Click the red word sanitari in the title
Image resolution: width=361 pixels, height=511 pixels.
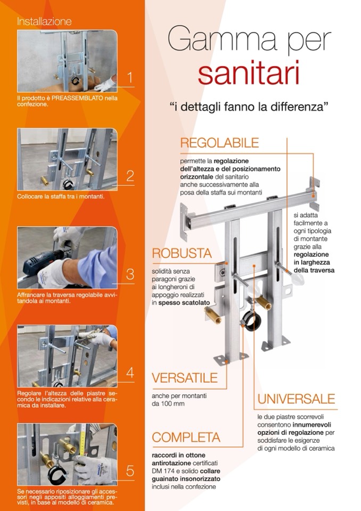tap(248, 74)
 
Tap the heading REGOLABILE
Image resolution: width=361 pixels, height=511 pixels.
tap(219, 143)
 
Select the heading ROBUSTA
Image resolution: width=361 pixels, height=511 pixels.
tap(182, 254)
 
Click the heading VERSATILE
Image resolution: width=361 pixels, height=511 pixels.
tap(185, 378)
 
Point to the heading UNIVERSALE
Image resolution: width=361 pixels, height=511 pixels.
tap(296, 399)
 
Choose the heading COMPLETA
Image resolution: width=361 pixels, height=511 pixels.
tap(186, 437)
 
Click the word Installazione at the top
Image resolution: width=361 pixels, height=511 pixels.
tap(44, 21)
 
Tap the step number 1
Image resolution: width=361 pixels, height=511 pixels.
tap(130, 78)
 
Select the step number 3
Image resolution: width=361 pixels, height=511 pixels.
tap(130, 274)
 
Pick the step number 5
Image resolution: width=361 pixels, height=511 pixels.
tap(130, 471)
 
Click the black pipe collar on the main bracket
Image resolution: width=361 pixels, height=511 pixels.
tap(252, 320)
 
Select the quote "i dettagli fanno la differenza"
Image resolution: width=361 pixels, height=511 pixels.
tap(249, 107)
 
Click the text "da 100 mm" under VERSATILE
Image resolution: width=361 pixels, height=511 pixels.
tap(168, 404)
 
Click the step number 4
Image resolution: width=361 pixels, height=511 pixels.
tap(130, 372)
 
